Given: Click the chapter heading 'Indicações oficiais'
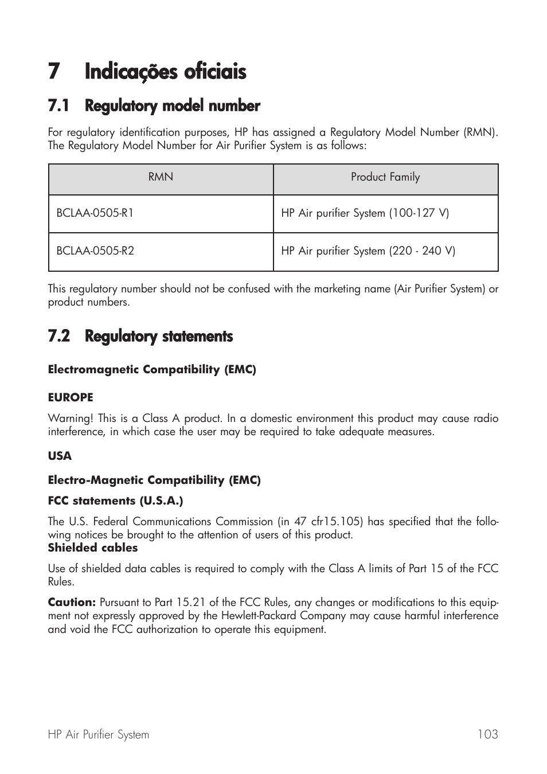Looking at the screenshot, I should click(165, 72).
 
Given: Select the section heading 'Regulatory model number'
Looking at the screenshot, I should click(172, 106).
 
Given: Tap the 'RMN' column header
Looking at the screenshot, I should click(161, 177).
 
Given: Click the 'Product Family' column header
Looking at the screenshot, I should click(385, 177).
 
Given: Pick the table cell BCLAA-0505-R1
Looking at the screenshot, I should click(95, 213).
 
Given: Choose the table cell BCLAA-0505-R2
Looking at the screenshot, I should click(95, 251).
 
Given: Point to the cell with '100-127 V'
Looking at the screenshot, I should click(365, 213).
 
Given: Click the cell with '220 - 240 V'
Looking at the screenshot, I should click(368, 251).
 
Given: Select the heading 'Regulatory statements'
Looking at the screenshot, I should click(158, 337).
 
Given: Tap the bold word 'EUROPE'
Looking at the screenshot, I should click(71, 397).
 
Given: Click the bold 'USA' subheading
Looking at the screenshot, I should click(60, 456).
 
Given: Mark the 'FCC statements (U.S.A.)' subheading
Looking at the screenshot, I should click(115, 501).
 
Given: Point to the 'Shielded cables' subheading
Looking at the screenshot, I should click(93, 548).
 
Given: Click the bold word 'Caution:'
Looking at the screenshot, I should click(72, 603).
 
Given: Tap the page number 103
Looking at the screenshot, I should click(487, 734).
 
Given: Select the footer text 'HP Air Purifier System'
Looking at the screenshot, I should click(98, 734).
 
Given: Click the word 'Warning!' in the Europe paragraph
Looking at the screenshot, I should click(70, 419).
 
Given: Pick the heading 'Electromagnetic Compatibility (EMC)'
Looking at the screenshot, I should click(152, 370).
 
